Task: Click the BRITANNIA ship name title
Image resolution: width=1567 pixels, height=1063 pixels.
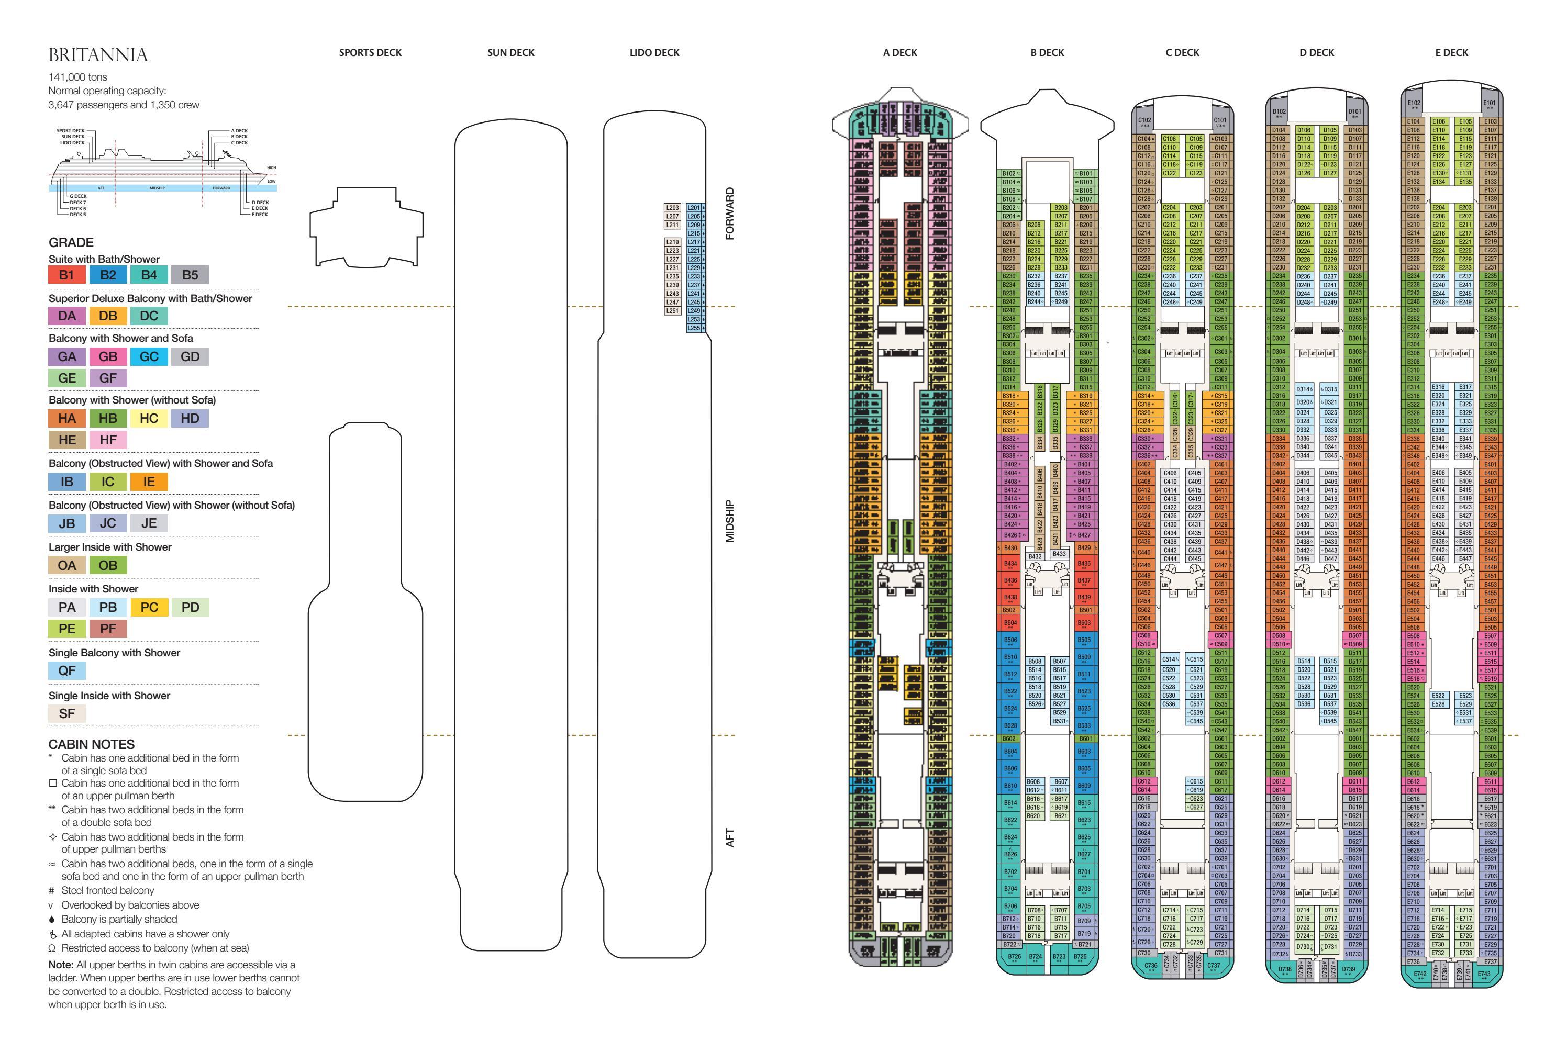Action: [98, 54]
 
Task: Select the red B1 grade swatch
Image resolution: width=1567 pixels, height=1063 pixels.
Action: [66, 274]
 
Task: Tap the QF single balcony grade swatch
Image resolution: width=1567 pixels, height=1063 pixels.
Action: [66, 670]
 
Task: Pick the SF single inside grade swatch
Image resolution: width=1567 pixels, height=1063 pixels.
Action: [66, 713]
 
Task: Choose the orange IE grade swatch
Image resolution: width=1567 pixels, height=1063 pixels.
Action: [149, 482]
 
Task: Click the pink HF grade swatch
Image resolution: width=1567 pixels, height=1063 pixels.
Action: [108, 440]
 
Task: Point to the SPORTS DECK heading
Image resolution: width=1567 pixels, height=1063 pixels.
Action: [370, 52]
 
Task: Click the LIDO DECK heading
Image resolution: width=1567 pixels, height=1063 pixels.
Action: [654, 52]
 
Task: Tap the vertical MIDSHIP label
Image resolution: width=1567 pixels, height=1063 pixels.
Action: [729, 520]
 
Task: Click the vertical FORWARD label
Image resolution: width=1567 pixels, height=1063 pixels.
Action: [729, 214]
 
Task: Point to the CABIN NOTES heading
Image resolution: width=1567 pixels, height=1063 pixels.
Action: [91, 744]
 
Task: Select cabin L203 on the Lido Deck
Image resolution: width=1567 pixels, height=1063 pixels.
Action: [672, 208]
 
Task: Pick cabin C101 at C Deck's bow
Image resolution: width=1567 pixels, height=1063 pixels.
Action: [1220, 122]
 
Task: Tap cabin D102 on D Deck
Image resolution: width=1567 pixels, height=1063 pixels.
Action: [1279, 113]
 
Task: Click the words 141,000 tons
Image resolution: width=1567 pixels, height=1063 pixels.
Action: [77, 77]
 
